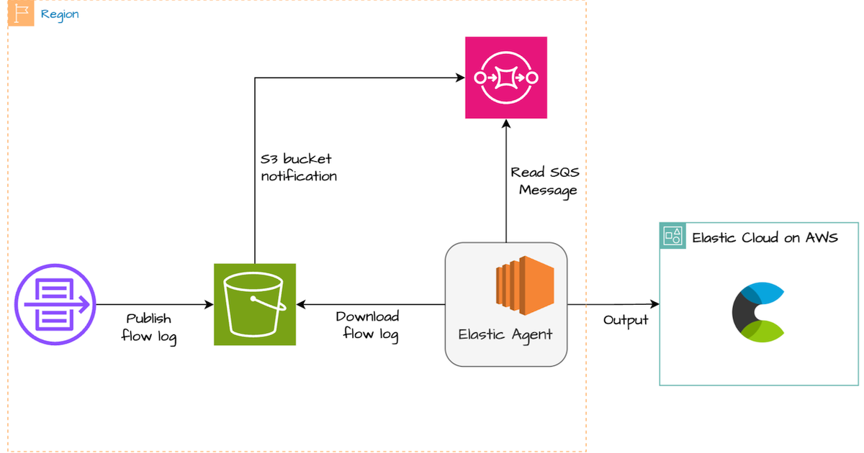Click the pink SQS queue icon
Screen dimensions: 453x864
click(x=505, y=78)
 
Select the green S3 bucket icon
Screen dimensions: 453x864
click(x=255, y=304)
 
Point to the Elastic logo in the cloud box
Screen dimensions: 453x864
click(x=757, y=313)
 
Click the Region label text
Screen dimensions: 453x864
click(x=60, y=14)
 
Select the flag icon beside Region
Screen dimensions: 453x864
click(x=21, y=14)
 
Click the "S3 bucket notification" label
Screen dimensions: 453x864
click(x=299, y=167)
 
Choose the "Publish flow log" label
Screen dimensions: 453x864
click(x=149, y=326)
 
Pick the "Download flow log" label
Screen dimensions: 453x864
click(x=367, y=325)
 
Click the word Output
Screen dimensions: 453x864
click(x=626, y=320)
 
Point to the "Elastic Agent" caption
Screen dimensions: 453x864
click(x=505, y=334)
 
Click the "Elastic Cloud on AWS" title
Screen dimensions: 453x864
click(x=765, y=237)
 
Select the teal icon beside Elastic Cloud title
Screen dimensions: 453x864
click(x=673, y=236)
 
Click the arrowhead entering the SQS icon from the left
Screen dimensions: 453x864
click(x=459, y=78)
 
